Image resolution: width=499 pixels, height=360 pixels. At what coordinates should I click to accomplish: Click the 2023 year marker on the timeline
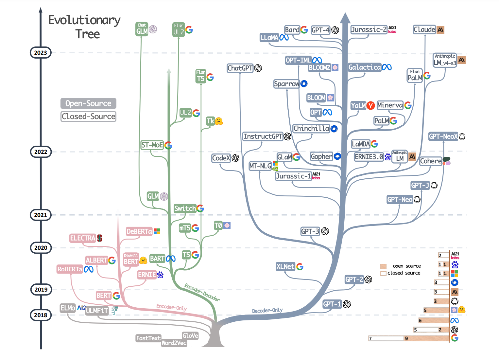click(x=41, y=53)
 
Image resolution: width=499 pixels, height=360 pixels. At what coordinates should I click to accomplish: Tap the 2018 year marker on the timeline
click(x=41, y=315)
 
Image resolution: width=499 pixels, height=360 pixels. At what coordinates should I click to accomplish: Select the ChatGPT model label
click(x=240, y=68)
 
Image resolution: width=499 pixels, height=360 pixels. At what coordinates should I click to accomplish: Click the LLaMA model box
click(x=269, y=38)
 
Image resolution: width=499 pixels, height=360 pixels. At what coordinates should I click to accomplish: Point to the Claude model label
click(x=424, y=30)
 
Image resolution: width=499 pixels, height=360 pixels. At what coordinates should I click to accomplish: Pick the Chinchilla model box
click(x=311, y=129)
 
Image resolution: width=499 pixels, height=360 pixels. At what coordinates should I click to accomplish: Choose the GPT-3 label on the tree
click(x=310, y=231)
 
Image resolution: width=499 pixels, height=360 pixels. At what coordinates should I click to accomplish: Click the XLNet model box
click(x=285, y=266)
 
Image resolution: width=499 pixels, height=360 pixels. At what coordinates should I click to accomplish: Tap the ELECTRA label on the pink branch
click(x=82, y=238)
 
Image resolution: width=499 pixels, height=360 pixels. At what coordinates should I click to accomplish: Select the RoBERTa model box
click(x=70, y=269)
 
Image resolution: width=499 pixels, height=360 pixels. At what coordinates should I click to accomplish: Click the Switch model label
click(x=185, y=208)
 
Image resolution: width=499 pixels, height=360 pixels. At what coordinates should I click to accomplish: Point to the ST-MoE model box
click(x=152, y=145)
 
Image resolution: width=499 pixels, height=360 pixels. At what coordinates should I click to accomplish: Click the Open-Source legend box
click(x=88, y=103)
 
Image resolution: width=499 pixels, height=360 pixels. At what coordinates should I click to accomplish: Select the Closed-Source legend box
click(x=88, y=117)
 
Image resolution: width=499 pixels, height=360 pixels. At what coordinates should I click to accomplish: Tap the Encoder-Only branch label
click(x=171, y=307)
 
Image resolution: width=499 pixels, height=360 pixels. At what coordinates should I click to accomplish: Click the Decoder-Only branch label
click(x=267, y=310)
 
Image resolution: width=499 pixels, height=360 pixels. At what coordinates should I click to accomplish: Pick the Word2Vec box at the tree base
click(x=174, y=343)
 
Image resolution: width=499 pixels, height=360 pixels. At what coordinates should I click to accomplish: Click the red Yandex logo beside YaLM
click(x=370, y=106)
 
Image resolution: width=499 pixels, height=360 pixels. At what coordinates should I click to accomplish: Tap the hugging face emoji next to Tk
click(x=219, y=121)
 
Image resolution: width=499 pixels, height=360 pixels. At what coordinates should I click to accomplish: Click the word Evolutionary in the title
click(x=84, y=20)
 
